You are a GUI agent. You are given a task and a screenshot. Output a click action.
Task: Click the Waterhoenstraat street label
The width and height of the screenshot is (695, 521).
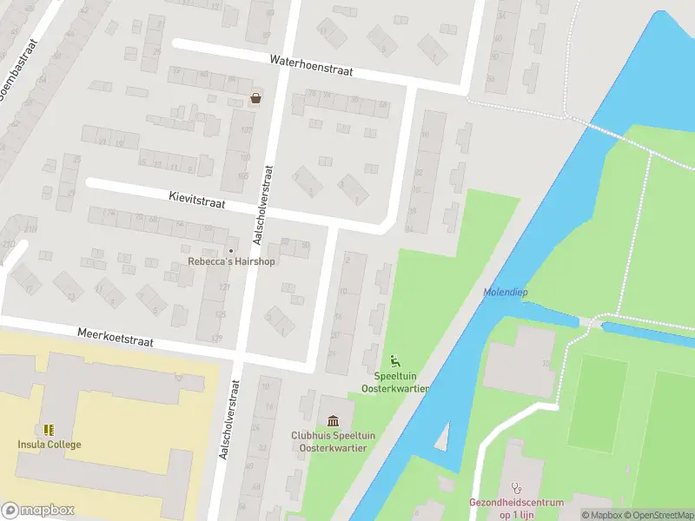coord(311,66)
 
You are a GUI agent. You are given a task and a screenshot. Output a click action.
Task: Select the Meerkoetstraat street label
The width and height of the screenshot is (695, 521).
coord(116,337)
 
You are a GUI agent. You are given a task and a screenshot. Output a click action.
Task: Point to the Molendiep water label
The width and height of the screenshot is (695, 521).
coord(505,292)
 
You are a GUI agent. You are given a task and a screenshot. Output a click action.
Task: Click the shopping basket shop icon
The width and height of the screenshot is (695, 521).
coord(255,98)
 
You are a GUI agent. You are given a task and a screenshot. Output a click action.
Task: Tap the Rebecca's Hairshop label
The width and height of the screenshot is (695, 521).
coord(232,262)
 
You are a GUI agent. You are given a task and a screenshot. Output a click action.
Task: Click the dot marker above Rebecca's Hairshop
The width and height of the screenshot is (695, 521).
coord(231,250)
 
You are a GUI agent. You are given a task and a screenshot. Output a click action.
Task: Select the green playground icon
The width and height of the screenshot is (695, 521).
coord(394,360)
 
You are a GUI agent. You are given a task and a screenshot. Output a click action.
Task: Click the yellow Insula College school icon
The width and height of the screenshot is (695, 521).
coord(49,430)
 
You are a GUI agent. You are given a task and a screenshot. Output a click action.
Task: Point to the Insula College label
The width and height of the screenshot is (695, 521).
coord(50,445)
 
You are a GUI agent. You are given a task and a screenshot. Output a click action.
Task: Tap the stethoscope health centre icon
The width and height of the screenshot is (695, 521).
coord(516,488)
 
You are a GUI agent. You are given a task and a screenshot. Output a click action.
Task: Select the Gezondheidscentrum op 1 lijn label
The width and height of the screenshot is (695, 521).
coord(516,508)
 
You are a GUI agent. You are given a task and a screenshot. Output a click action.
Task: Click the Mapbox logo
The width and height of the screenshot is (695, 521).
coord(38,511)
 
